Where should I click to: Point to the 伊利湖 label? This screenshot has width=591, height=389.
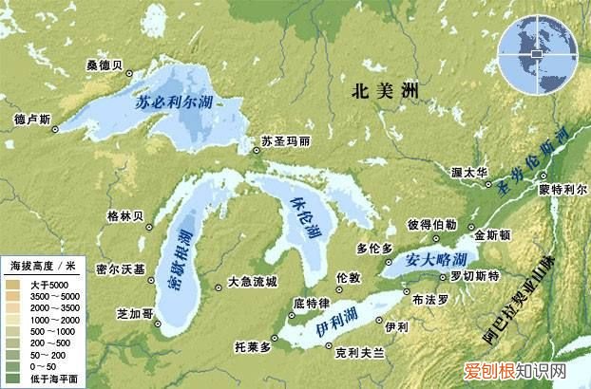click(x=333, y=329)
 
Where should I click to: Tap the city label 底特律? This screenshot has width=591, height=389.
click(x=311, y=303)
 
